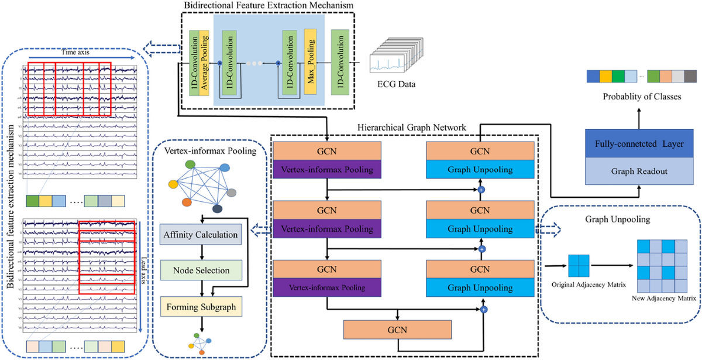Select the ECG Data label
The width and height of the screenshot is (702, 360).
click(x=396, y=84)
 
